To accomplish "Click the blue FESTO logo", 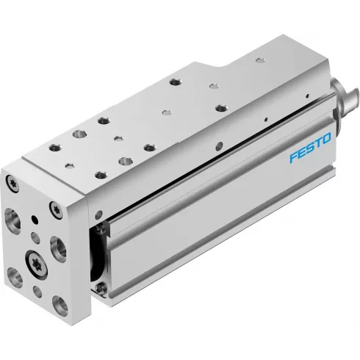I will coord(309,137).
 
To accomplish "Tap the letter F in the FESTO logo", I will coord(292,143).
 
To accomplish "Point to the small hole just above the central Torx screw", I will coord(36,237).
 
